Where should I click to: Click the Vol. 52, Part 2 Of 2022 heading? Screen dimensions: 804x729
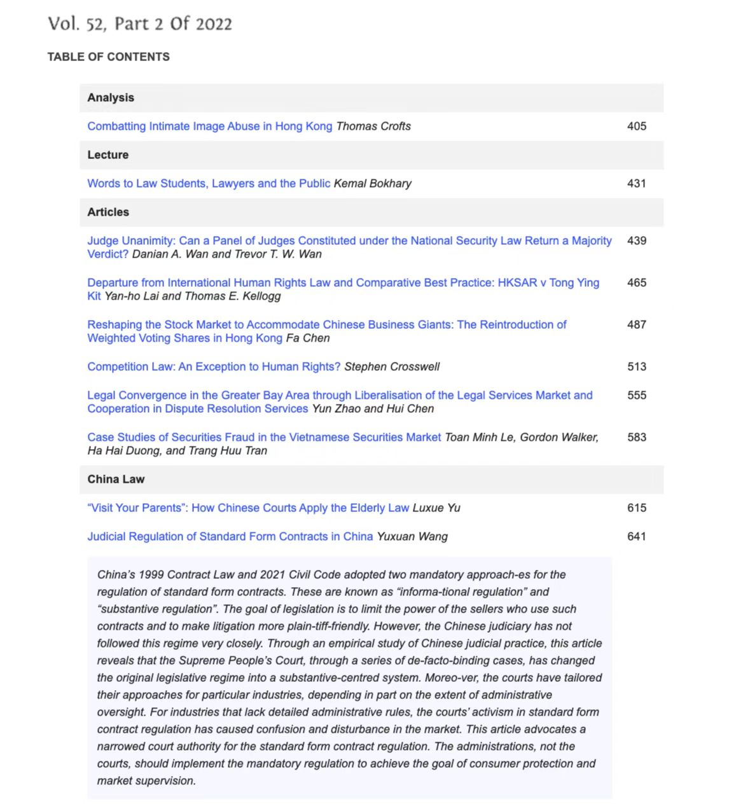point(140,24)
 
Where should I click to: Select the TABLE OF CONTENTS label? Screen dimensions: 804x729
point(108,57)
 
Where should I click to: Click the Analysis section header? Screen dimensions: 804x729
point(111,97)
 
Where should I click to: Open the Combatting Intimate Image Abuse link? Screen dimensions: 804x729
point(209,126)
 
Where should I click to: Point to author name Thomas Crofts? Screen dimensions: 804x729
point(373,126)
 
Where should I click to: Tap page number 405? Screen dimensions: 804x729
point(636,126)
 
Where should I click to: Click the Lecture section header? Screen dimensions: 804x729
point(108,155)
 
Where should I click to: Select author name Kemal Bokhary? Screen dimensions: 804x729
point(373,183)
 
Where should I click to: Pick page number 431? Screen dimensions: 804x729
point(636,183)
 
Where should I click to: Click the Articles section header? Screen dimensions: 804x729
point(108,212)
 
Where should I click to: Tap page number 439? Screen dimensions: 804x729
point(636,240)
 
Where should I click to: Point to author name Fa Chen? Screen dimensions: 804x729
point(308,338)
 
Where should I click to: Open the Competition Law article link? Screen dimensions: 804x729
point(214,366)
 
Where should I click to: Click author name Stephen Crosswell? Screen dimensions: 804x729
point(392,366)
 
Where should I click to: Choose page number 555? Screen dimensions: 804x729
point(636,395)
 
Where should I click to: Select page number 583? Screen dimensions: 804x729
point(636,437)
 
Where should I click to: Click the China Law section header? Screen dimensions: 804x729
point(116,479)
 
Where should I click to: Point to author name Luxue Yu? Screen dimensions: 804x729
point(436,508)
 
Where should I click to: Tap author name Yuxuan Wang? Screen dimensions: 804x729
point(412,536)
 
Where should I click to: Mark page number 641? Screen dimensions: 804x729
point(636,536)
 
